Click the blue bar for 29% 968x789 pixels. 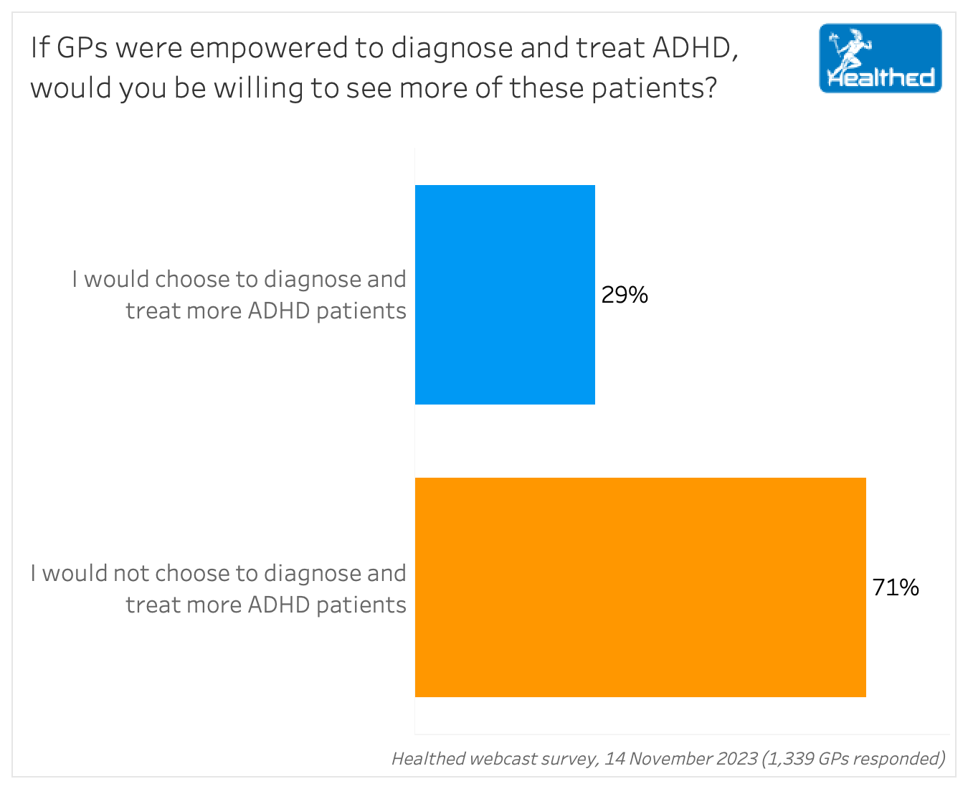coord(505,295)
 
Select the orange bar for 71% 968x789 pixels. coord(640,587)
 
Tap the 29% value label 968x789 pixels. coord(625,295)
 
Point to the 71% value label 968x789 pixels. coord(896,587)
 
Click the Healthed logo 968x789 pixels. coord(880,59)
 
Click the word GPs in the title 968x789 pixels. coord(82,49)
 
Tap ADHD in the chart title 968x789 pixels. coord(692,49)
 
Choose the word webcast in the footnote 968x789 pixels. coord(498,758)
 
